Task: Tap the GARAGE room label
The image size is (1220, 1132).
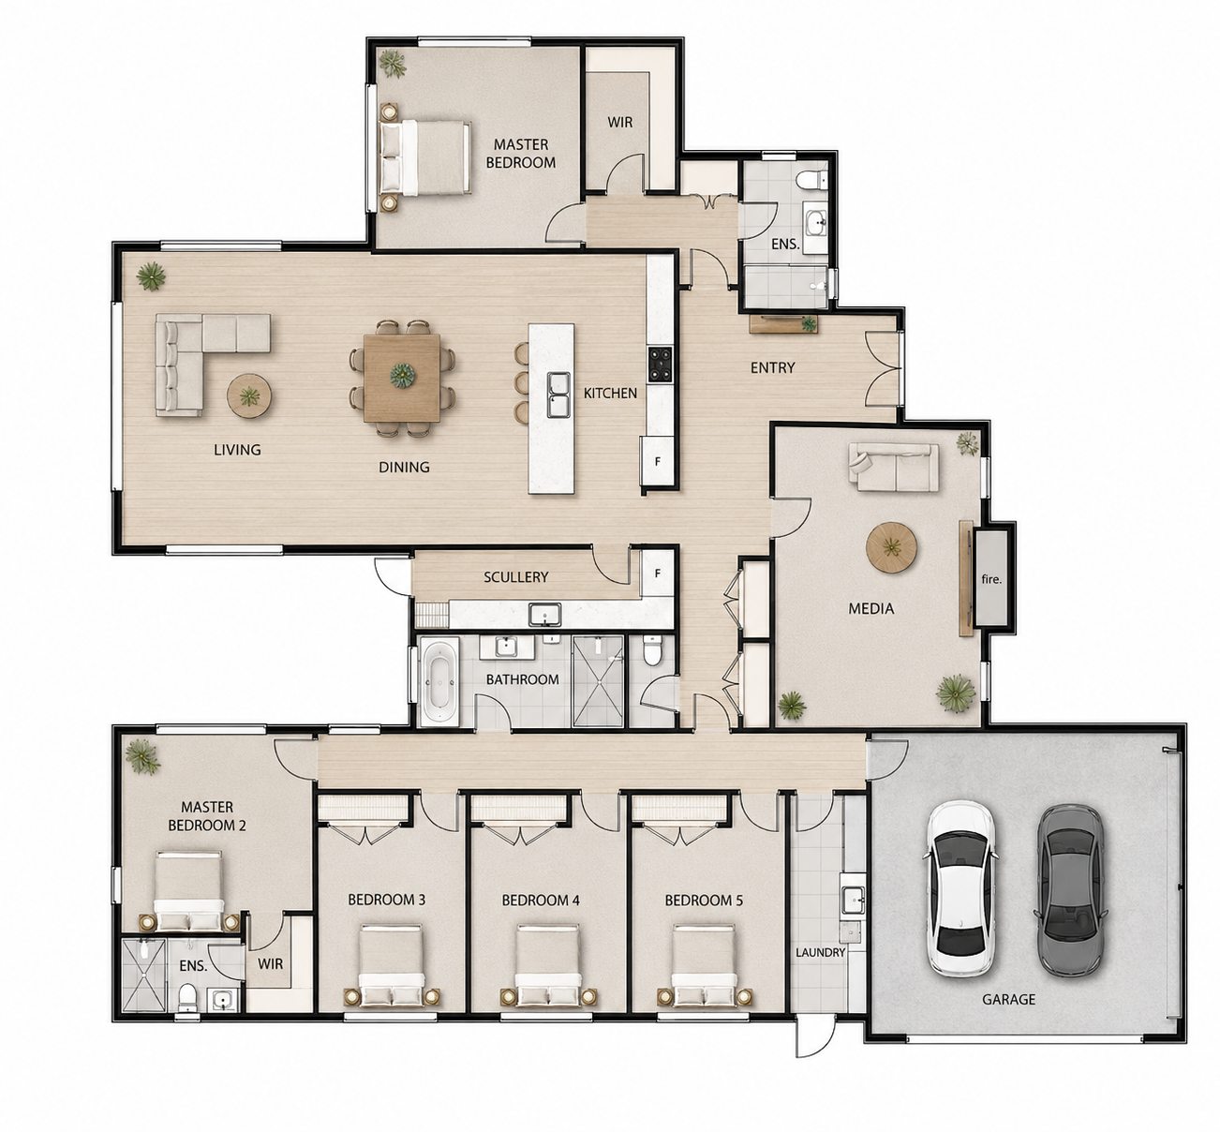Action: pos(1008,999)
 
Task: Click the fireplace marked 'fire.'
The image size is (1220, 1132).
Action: pos(990,578)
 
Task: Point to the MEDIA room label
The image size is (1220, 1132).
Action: pos(871,608)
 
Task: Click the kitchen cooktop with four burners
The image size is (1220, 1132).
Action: pos(660,365)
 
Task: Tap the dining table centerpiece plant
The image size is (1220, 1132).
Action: pos(402,376)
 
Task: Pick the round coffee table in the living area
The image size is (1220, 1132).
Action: pos(249,396)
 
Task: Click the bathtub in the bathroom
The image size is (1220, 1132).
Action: pos(439,681)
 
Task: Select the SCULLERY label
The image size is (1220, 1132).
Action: pos(515,576)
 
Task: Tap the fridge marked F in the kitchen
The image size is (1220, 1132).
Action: pos(657,461)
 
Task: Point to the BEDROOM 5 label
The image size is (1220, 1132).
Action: pos(704,901)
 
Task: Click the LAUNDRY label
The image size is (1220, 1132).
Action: pos(820,953)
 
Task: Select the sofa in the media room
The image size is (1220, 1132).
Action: pos(894,468)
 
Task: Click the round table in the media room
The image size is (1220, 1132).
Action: pos(891,547)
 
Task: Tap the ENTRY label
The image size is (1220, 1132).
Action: pos(772,367)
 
